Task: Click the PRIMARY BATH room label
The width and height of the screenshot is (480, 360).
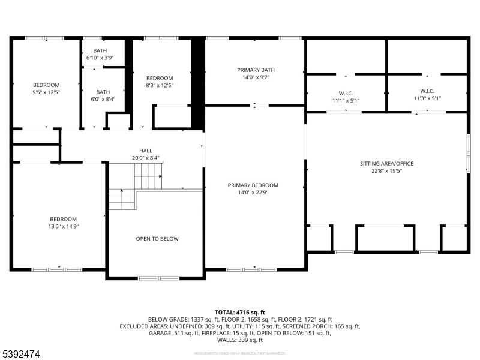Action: tap(255, 70)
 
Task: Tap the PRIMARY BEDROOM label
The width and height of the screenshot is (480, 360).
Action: tap(253, 185)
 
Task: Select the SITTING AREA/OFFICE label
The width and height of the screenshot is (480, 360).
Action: tap(386, 163)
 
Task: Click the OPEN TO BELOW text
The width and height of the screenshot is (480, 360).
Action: tap(157, 239)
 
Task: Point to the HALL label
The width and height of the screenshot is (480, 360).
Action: tap(146, 151)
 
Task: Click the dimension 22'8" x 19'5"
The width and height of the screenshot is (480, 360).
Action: tap(386, 170)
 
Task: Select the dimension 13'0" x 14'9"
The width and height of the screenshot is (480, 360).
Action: tap(63, 226)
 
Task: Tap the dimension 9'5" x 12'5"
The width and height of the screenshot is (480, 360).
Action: tap(46, 92)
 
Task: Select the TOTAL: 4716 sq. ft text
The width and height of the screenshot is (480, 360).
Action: tap(239, 313)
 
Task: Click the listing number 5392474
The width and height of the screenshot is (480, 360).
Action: tap(21, 355)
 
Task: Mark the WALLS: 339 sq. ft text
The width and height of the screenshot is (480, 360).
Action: tap(239, 340)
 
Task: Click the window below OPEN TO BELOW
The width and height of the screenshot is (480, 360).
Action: tap(150, 278)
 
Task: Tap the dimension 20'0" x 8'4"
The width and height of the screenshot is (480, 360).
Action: tap(146, 158)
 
